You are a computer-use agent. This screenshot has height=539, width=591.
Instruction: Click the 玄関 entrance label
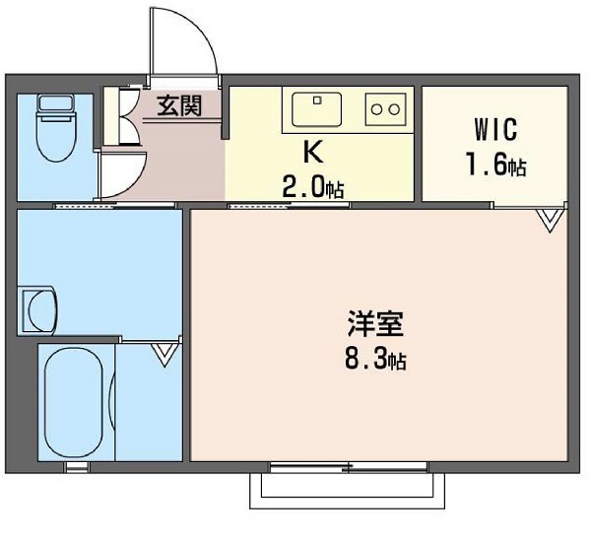click(179, 105)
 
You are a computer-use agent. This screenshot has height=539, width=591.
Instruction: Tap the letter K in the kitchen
click(313, 152)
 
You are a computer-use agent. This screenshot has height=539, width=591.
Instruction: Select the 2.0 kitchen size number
click(303, 187)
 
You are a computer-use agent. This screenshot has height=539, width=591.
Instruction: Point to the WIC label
click(495, 129)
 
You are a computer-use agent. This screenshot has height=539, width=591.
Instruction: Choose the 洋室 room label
click(375, 323)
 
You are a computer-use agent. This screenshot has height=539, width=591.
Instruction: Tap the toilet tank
click(56, 103)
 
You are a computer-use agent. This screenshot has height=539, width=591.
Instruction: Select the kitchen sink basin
click(317, 109)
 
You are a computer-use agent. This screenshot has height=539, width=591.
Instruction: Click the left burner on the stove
click(376, 109)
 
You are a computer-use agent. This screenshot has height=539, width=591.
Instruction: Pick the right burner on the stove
click(394, 109)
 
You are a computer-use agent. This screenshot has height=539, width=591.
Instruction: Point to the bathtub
click(74, 402)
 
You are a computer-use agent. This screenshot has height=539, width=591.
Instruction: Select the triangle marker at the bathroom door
click(164, 355)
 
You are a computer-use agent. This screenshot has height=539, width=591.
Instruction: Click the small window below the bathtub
click(77, 467)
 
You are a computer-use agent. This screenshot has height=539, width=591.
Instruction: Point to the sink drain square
click(317, 101)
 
